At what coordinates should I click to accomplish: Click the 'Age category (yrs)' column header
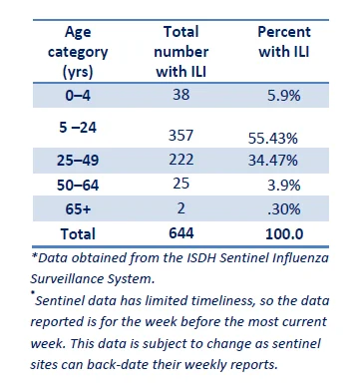[78, 52]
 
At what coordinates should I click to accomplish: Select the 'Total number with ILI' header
[181, 52]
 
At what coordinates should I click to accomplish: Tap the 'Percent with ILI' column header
[284, 42]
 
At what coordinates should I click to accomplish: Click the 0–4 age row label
[78, 96]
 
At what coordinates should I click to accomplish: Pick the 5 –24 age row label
[78, 127]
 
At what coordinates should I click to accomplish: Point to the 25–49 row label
[78, 161]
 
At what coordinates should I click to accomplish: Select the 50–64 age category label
[78, 185]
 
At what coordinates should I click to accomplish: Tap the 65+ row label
[78, 209]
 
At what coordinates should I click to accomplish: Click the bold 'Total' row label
[78, 233]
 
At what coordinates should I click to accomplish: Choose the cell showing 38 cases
[181, 95]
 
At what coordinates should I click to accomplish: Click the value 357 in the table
[180, 136]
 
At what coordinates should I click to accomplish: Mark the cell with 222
[181, 160]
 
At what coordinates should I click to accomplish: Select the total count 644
[181, 233]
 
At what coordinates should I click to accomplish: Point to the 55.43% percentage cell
[273, 138]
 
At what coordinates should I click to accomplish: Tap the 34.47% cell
[273, 161]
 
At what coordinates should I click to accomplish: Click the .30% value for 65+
[284, 209]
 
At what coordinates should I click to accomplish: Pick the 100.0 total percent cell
[284, 234]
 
